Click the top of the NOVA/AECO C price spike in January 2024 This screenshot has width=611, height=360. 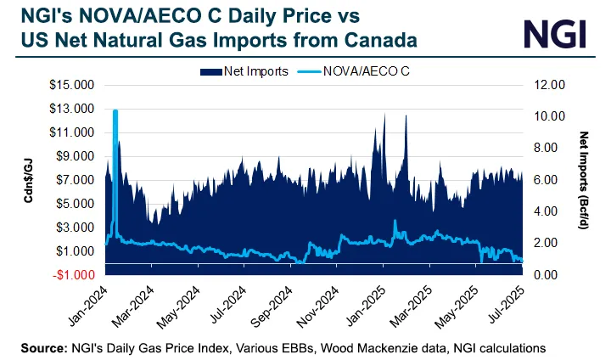[x=115, y=110]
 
